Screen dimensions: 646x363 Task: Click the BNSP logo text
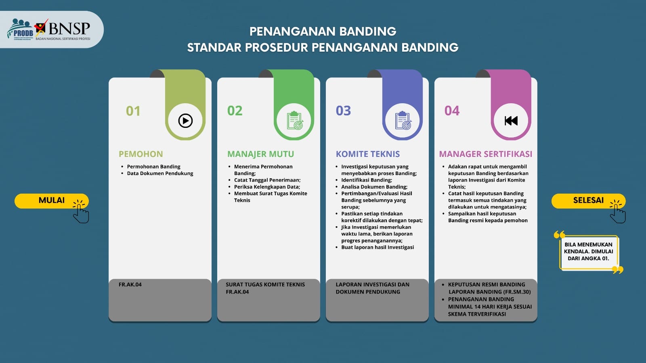(x=69, y=29)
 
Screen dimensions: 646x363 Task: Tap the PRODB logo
(x=20, y=29)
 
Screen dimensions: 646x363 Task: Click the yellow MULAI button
(x=52, y=201)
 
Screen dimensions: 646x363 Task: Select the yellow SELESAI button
(x=588, y=201)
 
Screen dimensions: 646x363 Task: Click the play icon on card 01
(x=185, y=121)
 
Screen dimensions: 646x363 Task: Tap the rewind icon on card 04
(x=511, y=121)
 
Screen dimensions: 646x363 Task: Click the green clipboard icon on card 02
(x=295, y=121)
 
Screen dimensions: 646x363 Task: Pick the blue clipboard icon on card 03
(x=403, y=121)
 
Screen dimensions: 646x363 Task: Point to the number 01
(x=133, y=111)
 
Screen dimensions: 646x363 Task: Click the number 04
(x=452, y=111)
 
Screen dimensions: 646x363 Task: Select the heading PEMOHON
(x=141, y=154)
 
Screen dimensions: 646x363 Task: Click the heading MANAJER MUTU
(x=261, y=154)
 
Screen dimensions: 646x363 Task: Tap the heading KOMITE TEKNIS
(x=368, y=154)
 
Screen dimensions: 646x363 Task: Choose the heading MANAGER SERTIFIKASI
(x=486, y=154)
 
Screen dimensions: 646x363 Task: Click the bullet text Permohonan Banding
(x=154, y=167)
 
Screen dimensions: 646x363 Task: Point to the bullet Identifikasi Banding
(x=367, y=180)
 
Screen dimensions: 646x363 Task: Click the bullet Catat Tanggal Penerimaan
(x=267, y=180)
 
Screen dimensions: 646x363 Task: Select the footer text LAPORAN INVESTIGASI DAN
(x=373, y=284)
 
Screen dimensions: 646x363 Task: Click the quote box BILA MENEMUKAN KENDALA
(x=589, y=252)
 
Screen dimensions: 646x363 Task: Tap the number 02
(x=235, y=111)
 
